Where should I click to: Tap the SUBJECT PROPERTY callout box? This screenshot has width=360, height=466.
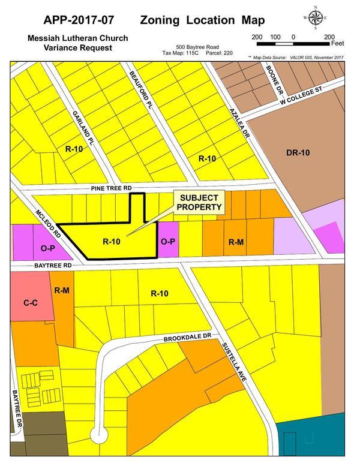click(199, 203)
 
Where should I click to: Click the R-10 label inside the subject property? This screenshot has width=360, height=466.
click(112, 242)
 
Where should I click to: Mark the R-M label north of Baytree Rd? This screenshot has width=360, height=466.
click(236, 242)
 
